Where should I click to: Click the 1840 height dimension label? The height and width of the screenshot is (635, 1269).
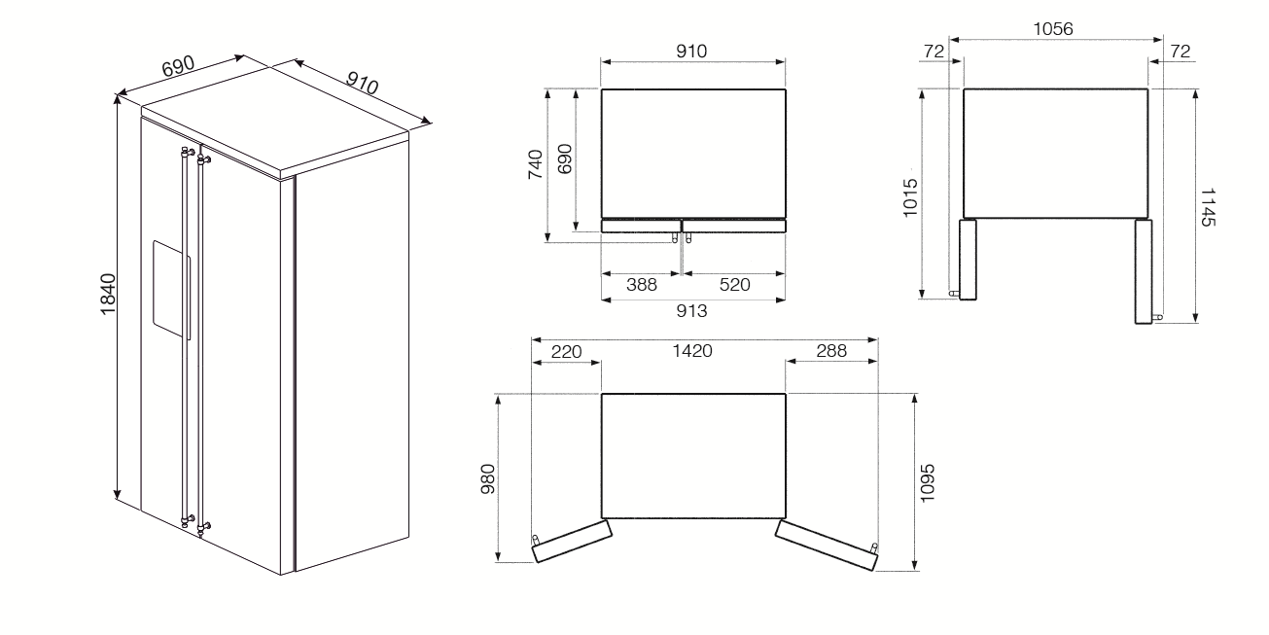108,295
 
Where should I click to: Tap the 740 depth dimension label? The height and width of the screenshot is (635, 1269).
536,164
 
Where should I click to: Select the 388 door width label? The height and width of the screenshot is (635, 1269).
641,284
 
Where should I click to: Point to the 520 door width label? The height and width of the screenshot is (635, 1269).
735,284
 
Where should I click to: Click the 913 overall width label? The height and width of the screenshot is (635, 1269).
691,310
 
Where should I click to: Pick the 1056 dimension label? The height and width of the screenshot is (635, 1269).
1053,29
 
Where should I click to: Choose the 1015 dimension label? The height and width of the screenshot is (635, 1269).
910,197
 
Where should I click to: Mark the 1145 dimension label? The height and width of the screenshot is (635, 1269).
1208,208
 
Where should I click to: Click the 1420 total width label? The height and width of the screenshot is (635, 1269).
692,351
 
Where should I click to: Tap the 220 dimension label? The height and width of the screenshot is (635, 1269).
567,352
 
